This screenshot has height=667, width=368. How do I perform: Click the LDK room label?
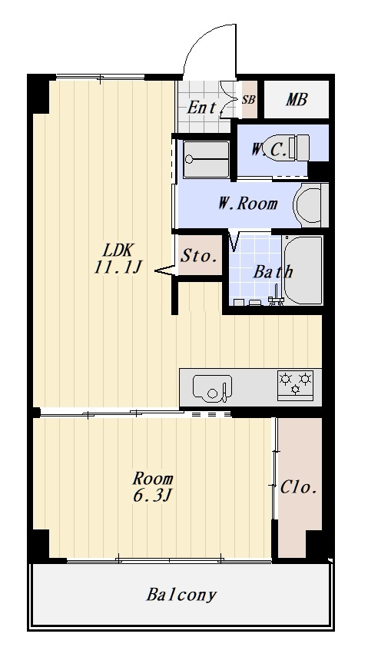point(120,250)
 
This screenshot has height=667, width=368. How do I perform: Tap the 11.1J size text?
point(118,267)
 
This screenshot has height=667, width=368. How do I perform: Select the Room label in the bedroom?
point(153,479)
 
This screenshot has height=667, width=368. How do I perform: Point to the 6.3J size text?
point(153,495)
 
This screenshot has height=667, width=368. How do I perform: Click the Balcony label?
point(181,594)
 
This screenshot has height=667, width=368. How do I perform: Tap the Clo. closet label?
point(299,487)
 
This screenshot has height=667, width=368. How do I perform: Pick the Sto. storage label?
point(199,256)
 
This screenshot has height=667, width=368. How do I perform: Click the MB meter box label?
point(297,100)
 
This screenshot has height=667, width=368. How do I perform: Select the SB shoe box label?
point(249,100)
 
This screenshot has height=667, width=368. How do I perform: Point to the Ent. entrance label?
point(203,108)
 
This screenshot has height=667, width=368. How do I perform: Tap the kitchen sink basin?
point(212,388)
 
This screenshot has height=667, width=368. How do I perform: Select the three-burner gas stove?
point(295,386)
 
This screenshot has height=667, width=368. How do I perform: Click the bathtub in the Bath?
point(303,270)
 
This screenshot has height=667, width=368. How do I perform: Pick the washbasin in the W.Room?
point(310,205)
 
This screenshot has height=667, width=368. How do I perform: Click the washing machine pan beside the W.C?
point(207,160)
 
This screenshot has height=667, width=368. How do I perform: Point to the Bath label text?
point(274,271)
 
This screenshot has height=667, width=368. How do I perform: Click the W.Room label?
point(248,204)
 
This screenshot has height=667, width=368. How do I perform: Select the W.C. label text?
point(269,149)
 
